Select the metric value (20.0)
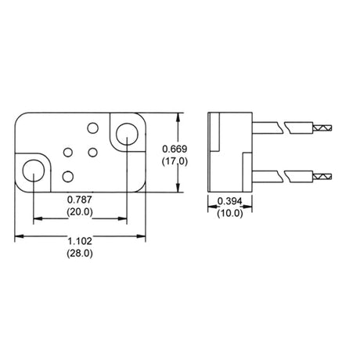(79, 212)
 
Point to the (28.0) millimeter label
(82, 254)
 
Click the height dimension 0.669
(174, 149)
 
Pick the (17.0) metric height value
(174, 161)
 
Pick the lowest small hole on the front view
(68, 176)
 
